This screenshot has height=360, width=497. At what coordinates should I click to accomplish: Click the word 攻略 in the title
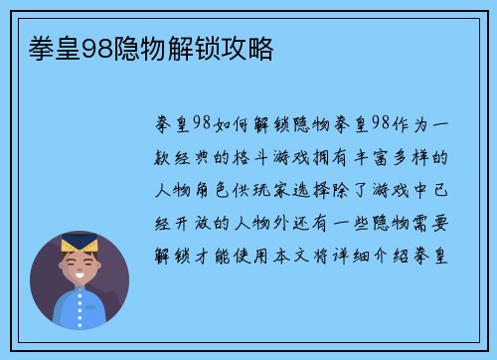tap(253, 46)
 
